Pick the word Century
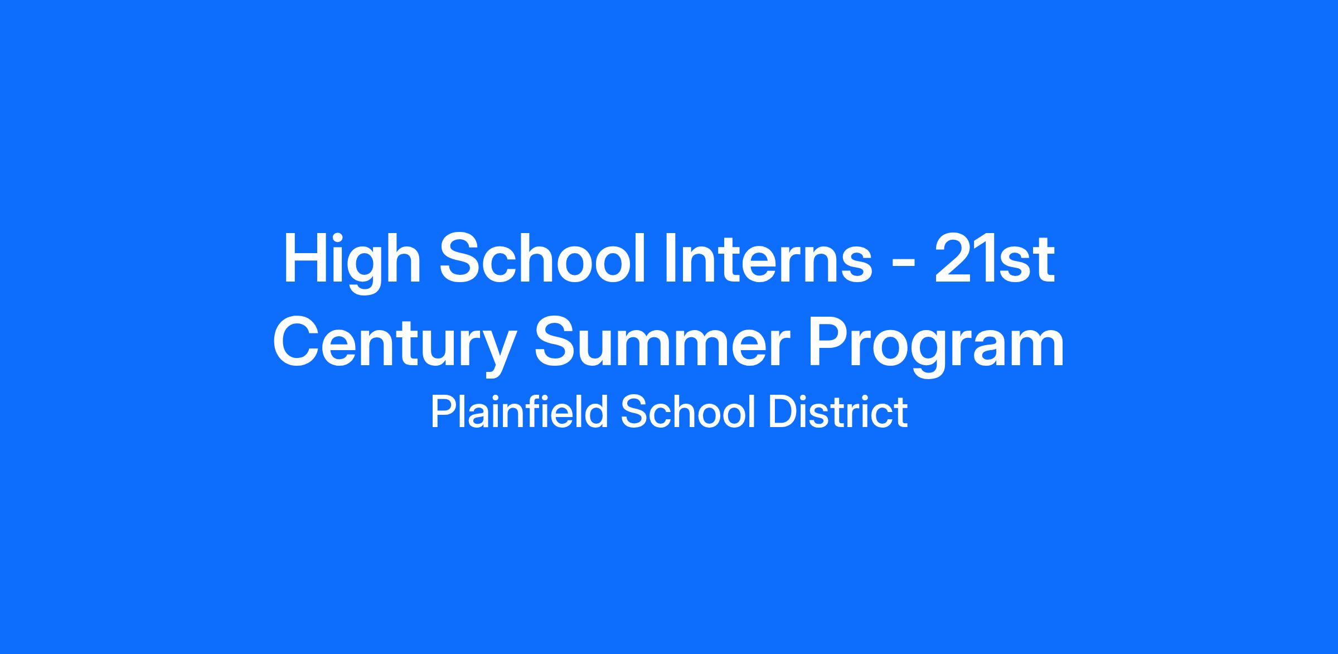pos(393,346)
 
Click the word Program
pos(937,346)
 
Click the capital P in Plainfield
pos(444,411)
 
